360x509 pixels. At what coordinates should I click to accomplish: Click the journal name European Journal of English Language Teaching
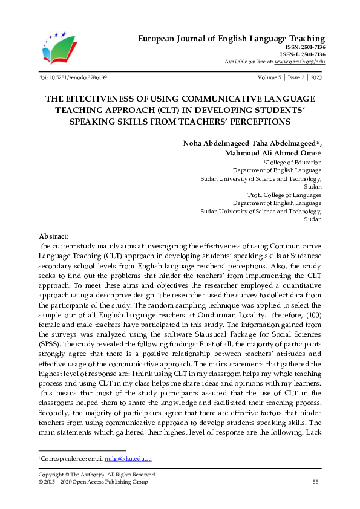point(232,39)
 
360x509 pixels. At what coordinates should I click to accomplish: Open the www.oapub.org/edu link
point(299,62)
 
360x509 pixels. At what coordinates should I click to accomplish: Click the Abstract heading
point(53,236)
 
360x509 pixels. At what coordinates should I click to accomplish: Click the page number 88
point(315,482)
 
